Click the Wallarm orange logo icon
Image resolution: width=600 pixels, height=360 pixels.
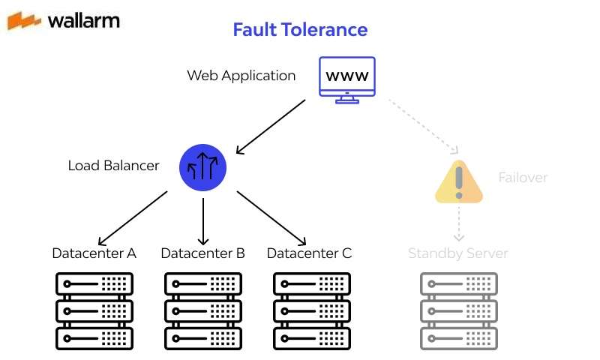point(24,20)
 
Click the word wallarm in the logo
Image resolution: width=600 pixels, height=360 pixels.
point(82,20)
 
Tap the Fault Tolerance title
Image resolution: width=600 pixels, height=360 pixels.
point(300,30)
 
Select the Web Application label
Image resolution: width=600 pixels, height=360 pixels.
point(241,76)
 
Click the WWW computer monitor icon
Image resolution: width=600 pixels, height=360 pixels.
point(346,79)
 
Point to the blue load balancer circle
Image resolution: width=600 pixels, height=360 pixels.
point(203,167)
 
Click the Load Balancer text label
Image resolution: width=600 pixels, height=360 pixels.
point(113,166)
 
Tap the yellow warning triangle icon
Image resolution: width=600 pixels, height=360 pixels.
point(459,182)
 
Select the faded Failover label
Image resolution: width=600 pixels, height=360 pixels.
point(523,178)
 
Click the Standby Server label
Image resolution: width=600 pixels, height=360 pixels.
point(457,253)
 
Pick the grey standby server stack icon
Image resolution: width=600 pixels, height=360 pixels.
point(457,310)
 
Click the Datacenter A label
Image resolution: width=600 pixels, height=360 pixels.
point(94,253)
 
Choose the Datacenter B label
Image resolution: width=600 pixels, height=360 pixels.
point(202,253)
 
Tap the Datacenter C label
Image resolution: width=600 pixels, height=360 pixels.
point(309,253)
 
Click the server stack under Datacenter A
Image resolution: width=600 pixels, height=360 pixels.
point(94,310)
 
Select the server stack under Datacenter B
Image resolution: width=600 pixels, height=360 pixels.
point(202,310)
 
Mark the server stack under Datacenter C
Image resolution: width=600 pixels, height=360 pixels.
point(311,310)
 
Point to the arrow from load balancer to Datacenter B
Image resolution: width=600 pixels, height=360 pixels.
point(203,217)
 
